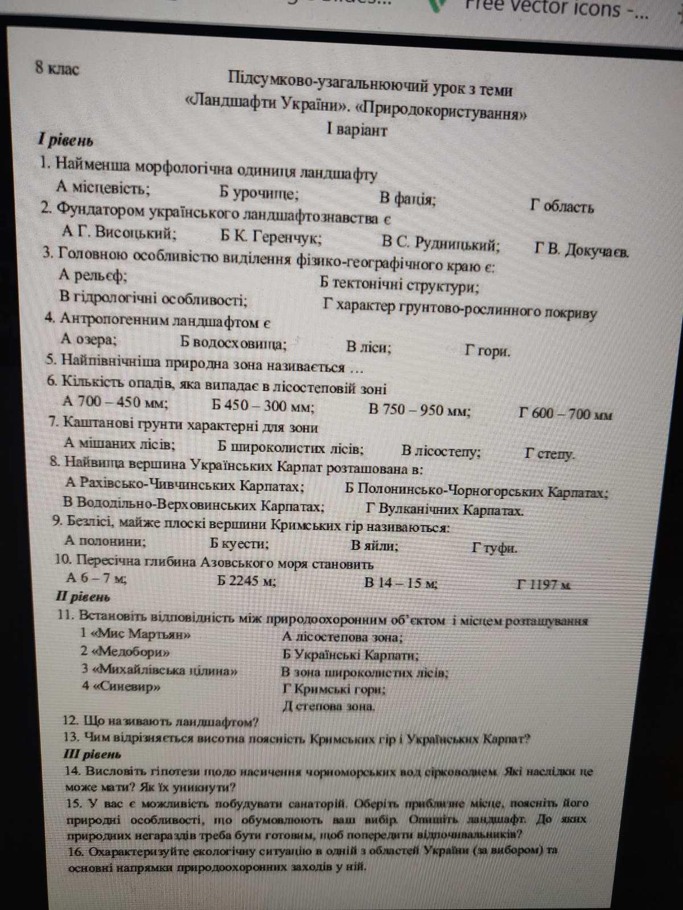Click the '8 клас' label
(57, 69)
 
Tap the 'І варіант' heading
(357, 130)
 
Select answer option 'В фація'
(408, 199)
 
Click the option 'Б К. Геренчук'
(271, 237)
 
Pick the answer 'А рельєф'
(93, 276)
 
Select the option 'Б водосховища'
(233, 342)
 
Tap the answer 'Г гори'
(487, 351)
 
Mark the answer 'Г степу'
(550, 454)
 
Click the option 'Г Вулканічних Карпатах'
(444, 510)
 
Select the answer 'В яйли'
(374, 546)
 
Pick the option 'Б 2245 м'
(246, 581)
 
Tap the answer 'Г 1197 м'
(544, 585)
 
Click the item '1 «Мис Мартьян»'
(135, 634)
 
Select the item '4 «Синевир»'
(120, 686)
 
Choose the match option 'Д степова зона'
(328, 706)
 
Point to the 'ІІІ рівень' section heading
(92, 755)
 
